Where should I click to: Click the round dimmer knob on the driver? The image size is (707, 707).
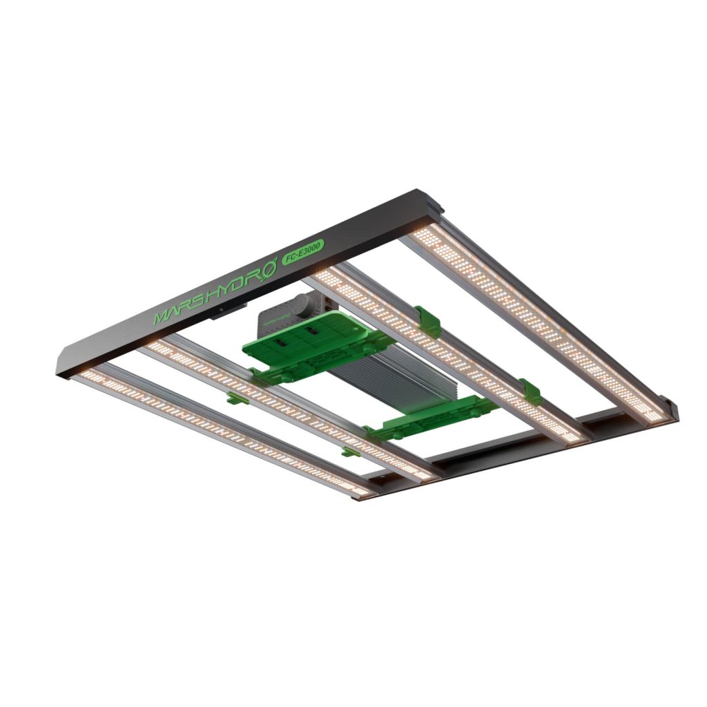pos(303,303)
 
